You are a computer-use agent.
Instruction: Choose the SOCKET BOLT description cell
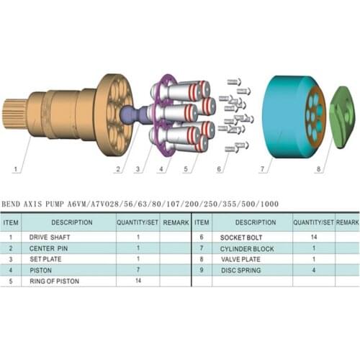point(242,237)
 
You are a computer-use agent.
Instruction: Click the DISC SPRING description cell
point(241,270)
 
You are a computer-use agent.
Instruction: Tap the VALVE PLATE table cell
point(241,258)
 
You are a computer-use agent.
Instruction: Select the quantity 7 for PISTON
point(137,270)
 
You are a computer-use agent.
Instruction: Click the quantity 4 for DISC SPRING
point(314,270)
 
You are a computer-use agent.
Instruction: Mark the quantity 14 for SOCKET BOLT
point(314,237)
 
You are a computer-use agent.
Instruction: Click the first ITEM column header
point(11,222)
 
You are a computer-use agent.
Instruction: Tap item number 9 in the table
point(203,270)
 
